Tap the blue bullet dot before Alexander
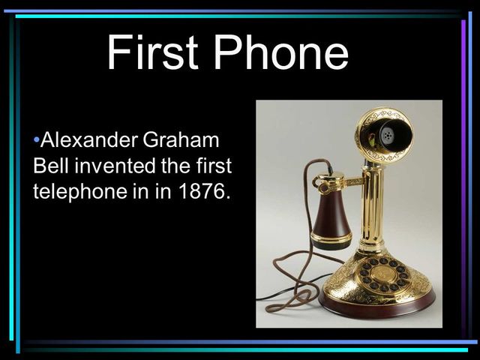[36, 140]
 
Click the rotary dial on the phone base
[382, 274]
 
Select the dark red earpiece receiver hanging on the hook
[331, 217]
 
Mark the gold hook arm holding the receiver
[341, 181]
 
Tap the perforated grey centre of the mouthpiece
[387, 135]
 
